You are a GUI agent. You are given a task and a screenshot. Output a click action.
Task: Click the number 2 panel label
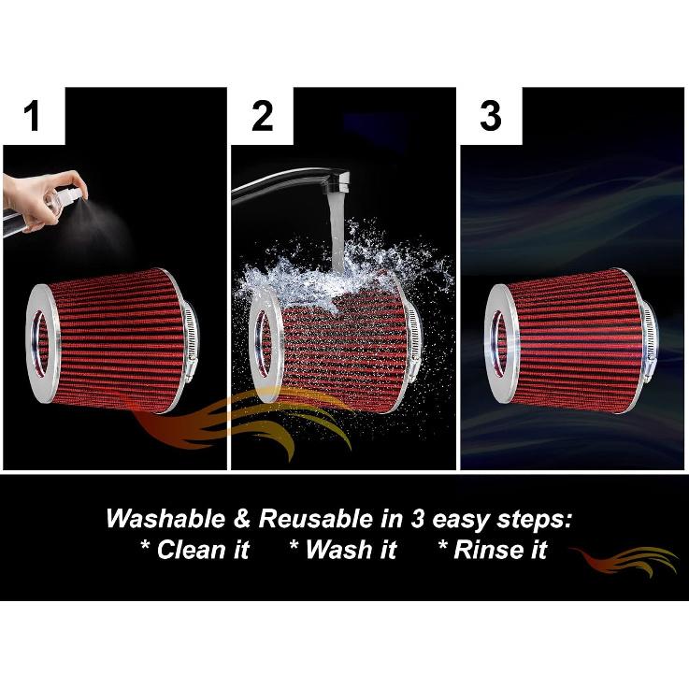tap(263, 117)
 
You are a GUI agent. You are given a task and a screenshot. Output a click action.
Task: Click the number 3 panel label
tap(491, 117)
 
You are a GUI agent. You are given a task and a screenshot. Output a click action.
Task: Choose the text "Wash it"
tap(343, 550)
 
